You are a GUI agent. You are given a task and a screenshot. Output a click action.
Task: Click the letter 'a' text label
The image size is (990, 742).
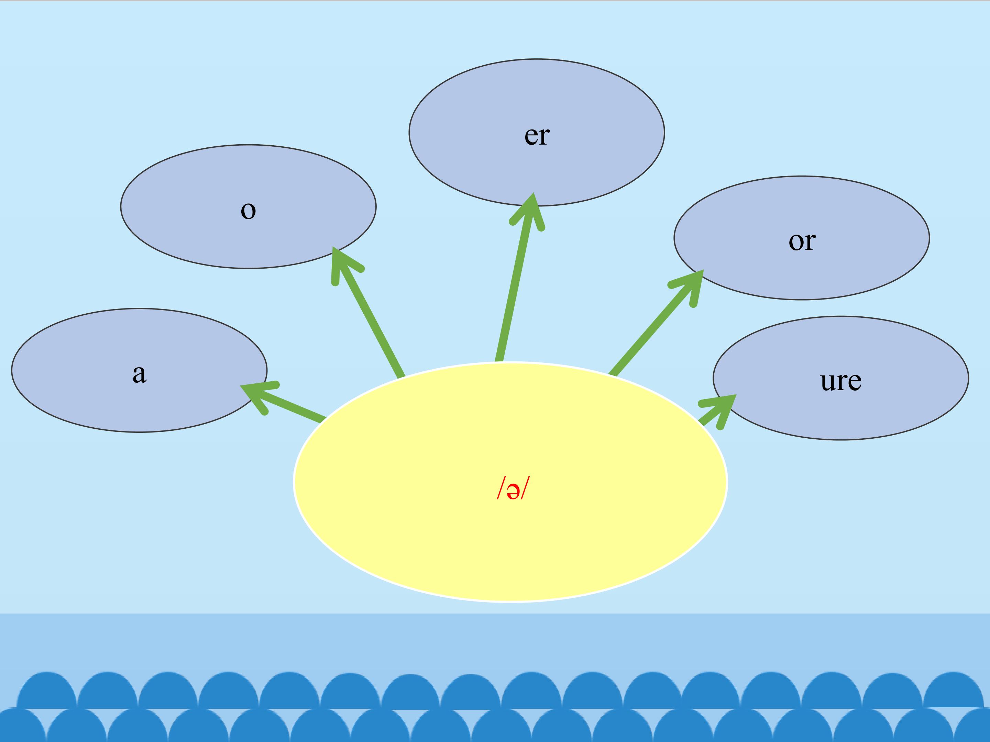[x=139, y=373]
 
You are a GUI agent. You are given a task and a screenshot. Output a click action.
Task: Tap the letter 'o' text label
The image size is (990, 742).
[x=249, y=210]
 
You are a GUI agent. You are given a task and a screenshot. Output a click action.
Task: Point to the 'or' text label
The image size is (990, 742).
[x=802, y=241]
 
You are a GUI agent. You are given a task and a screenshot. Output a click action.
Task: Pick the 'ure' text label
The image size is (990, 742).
[x=840, y=381]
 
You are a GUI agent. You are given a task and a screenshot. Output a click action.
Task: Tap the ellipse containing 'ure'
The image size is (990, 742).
[x=873, y=412]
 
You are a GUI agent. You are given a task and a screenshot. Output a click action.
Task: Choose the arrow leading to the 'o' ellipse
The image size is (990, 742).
[x=372, y=317]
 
